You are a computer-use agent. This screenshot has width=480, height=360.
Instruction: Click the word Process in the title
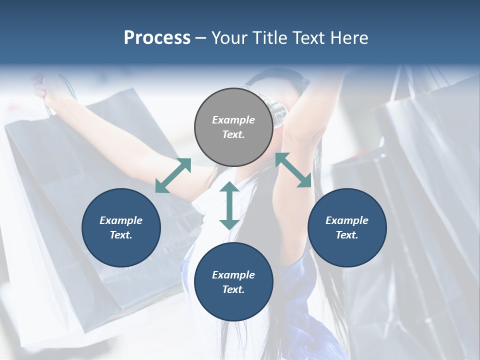157,38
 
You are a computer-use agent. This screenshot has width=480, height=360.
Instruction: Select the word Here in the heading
349,38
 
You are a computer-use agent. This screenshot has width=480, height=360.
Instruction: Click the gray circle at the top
233,127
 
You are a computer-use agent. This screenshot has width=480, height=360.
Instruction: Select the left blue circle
121,227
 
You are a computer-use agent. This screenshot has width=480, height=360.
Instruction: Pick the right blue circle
347,227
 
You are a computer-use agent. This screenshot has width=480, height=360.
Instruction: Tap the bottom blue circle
233,282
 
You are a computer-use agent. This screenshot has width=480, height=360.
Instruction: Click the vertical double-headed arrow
229,205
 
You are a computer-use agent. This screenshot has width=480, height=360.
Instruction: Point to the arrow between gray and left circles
173,175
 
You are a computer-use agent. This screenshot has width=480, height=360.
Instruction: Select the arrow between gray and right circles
293,170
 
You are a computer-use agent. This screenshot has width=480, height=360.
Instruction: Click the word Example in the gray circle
233,120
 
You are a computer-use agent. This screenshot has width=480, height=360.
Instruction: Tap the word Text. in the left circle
121,235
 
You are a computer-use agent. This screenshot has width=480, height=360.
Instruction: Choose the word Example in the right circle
347,220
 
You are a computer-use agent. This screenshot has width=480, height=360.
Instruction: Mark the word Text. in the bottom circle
233,289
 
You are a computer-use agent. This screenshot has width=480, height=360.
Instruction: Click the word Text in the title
308,38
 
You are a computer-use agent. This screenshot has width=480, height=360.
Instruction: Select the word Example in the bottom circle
233,275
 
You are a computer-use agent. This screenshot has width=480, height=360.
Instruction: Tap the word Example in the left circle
121,220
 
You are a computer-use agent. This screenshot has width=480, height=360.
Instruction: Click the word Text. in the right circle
347,235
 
